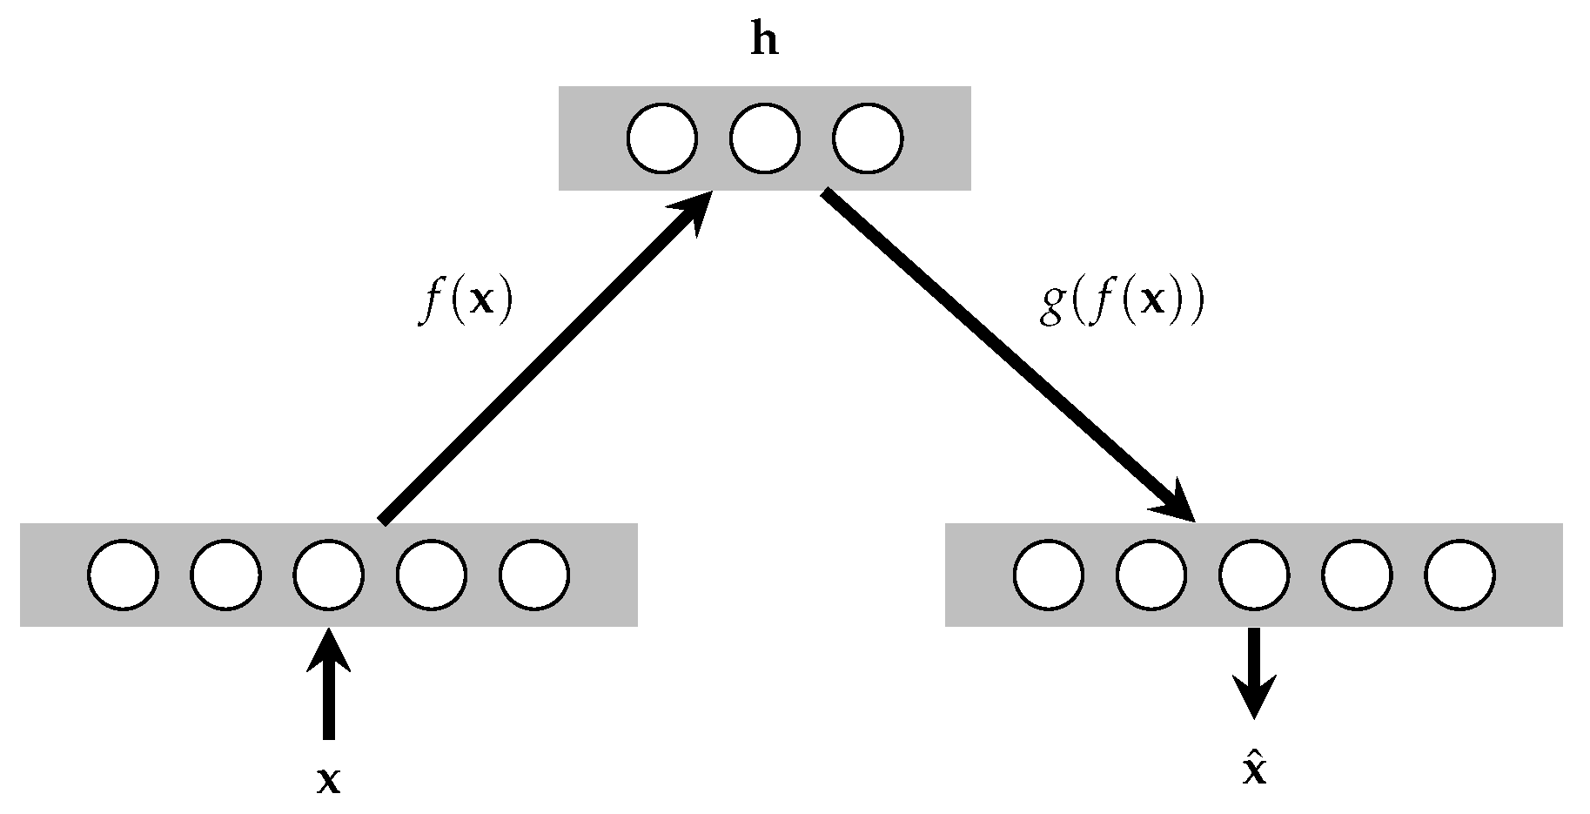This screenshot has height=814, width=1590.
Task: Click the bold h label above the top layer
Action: pos(764,41)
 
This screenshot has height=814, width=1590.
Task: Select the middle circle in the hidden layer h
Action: pos(764,138)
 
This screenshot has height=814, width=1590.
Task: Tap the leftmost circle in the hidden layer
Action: pos(661,138)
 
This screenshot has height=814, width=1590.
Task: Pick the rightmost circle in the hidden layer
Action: pos(868,138)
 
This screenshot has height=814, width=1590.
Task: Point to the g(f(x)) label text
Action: pos(1121,306)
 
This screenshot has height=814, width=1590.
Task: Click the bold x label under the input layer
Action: pos(328,781)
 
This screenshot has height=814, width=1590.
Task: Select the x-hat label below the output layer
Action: pos(1253,770)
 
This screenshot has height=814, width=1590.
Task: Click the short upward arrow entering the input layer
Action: pos(328,688)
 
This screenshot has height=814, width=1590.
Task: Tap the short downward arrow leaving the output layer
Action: pos(1253,675)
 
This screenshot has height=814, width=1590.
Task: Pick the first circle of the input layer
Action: pos(123,575)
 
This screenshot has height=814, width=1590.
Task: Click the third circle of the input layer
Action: pos(328,575)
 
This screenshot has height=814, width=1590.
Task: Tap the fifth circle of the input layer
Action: pos(533,575)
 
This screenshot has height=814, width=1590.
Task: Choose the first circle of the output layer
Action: pos(1049,575)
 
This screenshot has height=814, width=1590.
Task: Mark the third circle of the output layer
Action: pos(1254,575)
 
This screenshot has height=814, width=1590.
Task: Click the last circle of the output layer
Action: pos(1459,575)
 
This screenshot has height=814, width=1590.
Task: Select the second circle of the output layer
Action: pos(1151,575)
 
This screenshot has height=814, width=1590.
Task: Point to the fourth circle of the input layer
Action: pos(431,575)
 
